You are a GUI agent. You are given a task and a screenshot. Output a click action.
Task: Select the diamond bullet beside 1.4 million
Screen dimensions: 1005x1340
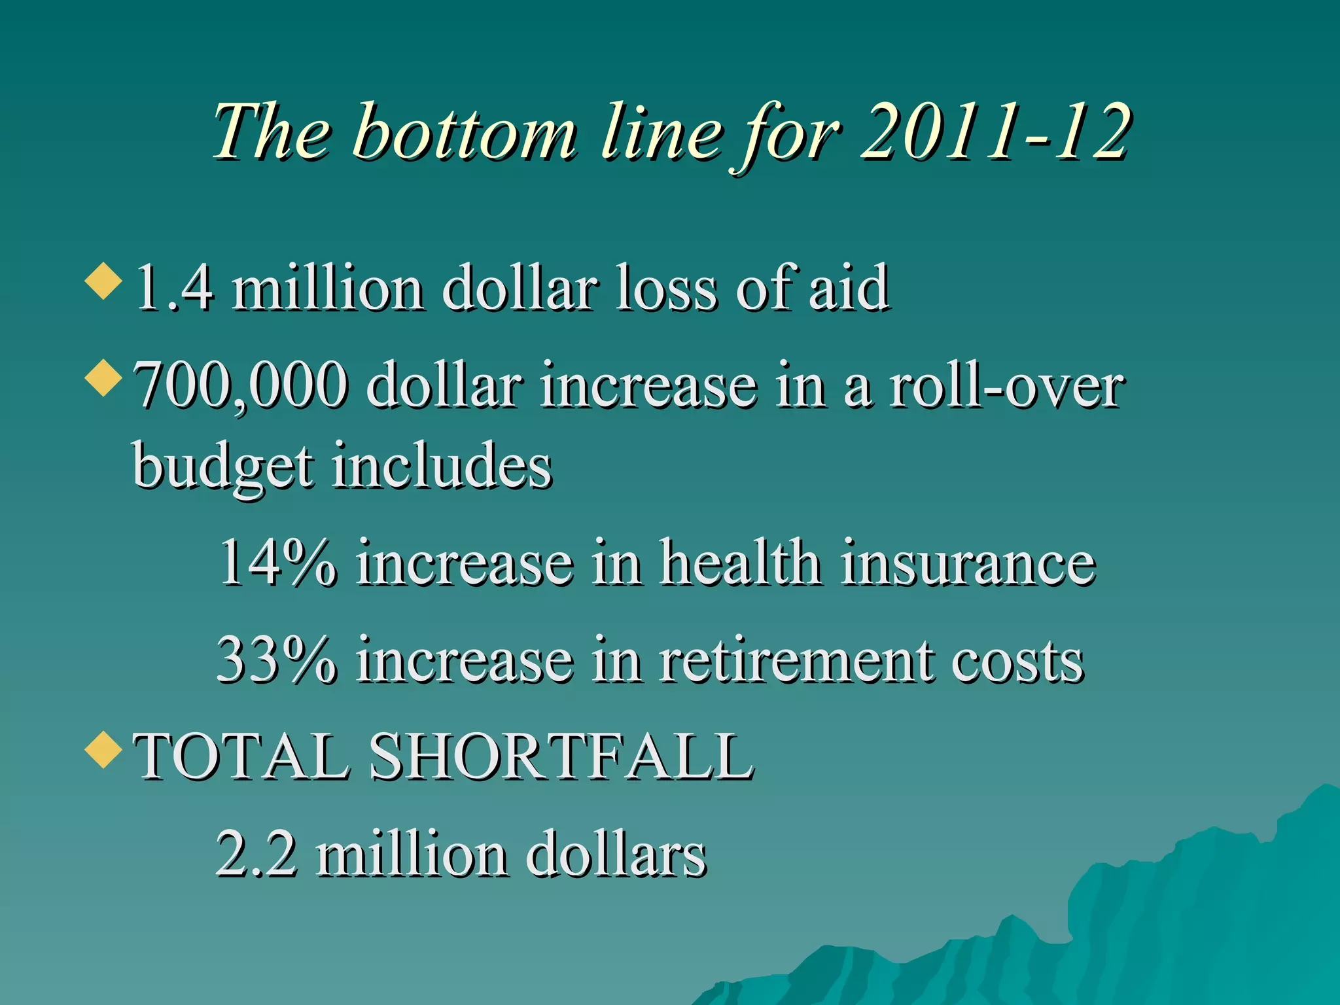click(x=103, y=281)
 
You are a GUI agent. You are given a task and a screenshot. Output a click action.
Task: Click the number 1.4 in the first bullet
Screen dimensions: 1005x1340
click(x=174, y=288)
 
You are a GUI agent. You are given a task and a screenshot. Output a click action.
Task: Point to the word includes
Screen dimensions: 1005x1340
click(x=442, y=466)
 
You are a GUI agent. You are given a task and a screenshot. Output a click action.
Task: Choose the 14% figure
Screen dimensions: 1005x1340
click(x=277, y=563)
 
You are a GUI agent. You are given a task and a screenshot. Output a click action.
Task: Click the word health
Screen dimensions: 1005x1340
click(x=739, y=563)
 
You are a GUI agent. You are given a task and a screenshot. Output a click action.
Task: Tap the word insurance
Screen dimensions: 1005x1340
click(x=968, y=563)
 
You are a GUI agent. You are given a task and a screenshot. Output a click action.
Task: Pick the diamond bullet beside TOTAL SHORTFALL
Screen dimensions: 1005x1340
click(x=103, y=749)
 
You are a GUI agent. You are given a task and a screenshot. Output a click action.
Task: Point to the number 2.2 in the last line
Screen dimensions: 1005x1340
click(x=256, y=854)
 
